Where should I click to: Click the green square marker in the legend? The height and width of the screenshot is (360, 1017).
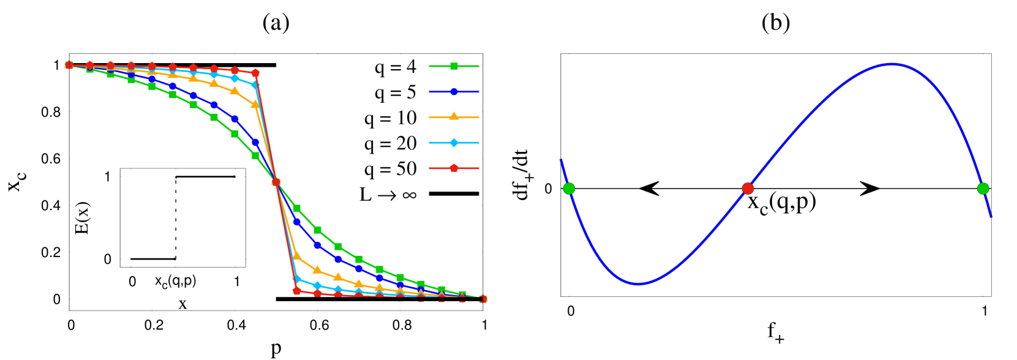tap(454, 66)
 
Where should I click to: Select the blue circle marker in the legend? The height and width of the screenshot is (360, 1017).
tap(454, 92)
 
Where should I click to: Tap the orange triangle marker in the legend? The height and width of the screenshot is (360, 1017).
tap(454, 116)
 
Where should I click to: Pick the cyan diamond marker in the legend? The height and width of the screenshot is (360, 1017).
tap(454, 143)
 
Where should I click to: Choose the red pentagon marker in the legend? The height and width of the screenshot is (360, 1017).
tap(454, 168)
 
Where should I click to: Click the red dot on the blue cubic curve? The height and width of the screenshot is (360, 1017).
tap(748, 189)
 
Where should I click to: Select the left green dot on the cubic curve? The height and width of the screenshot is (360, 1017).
tap(569, 189)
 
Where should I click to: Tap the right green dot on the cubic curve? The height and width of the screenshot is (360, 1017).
tap(983, 189)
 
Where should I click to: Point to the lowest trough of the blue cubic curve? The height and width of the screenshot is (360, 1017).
tap(638, 283)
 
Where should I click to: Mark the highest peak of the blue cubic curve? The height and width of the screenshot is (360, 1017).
tap(891, 64)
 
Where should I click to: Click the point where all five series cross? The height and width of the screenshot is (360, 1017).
tap(276, 182)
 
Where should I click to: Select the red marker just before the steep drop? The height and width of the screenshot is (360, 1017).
tap(255, 73)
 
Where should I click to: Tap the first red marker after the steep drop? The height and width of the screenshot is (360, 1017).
tap(297, 291)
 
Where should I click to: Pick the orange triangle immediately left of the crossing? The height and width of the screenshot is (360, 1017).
tap(255, 105)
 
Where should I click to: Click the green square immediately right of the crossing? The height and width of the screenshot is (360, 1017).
tap(297, 208)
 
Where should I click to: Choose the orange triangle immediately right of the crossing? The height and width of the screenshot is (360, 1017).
tap(297, 255)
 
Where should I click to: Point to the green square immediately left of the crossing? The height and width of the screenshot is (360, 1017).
tap(255, 156)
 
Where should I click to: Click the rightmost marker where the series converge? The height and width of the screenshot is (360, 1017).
tap(482, 299)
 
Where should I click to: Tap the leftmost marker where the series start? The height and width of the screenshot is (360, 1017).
tap(69, 65)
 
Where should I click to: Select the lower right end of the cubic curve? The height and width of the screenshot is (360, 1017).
tap(991, 217)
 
